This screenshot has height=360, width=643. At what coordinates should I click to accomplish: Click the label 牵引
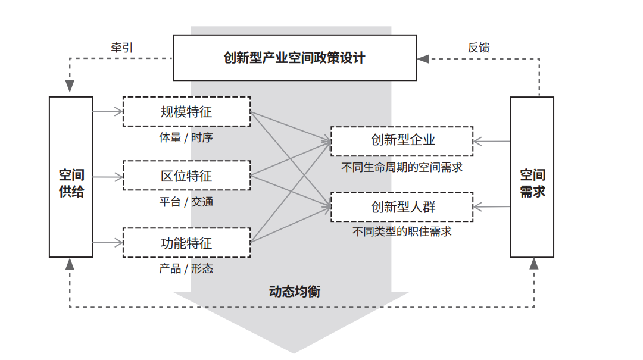(x=122, y=48)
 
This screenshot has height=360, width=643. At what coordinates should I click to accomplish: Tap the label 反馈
(x=479, y=48)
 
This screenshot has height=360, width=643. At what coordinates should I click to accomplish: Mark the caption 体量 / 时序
(x=186, y=137)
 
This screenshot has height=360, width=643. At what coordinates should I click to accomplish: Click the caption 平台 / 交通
(x=186, y=202)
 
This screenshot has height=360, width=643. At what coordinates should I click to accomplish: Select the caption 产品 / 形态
(x=186, y=268)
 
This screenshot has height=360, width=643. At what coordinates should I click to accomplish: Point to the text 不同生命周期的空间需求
(x=402, y=167)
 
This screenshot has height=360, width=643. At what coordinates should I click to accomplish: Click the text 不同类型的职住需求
(x=402, y=231)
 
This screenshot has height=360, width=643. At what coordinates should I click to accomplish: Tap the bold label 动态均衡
(x=295, y=292)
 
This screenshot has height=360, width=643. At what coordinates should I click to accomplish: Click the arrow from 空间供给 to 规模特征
(x=108, y=111)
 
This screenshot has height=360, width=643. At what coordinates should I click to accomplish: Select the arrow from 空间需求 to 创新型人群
(x=492, y=206)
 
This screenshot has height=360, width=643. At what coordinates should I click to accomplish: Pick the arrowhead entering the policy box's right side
(x=423, y=59)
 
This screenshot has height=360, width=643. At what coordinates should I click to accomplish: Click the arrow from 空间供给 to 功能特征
(x=108, y=243)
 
